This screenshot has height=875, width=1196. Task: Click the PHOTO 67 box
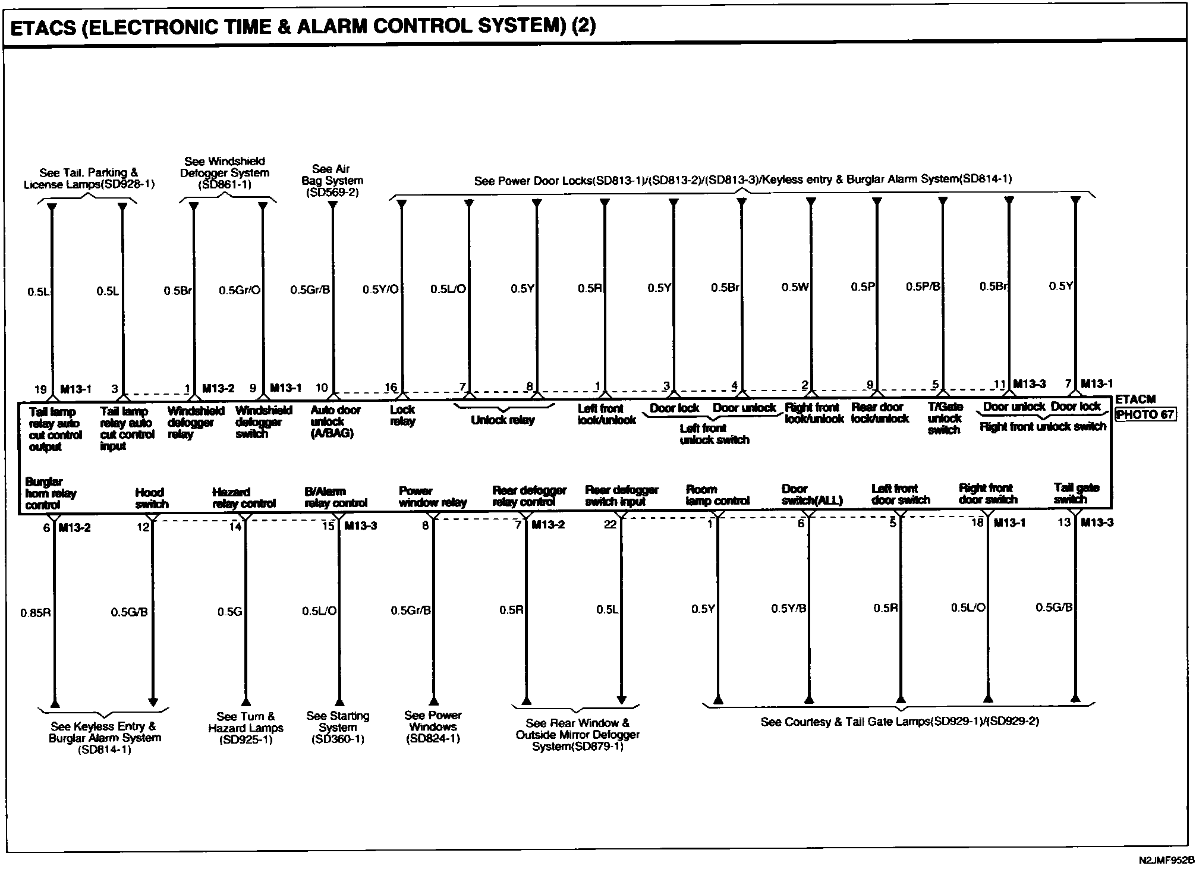[x=1145, y=414]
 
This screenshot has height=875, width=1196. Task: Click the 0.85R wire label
[x=36, y=613]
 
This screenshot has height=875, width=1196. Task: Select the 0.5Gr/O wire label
[x=240, y=291]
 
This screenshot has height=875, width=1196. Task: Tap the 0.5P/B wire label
[x=923, y=287]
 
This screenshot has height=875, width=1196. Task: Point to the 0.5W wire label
[x=795, y=287]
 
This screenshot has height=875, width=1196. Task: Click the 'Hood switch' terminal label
[x=152, y=498]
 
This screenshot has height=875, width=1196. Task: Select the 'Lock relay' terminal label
[x=402, y=416]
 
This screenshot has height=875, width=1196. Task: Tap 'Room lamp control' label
[x=717, y=495]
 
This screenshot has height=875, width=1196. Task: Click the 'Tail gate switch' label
[x=1077, y=493]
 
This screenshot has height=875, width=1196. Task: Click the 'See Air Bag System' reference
[x=332, y=180]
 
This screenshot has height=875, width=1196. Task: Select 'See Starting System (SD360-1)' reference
[x=338, y=728]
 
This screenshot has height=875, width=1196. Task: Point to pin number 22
[x=610, y=524]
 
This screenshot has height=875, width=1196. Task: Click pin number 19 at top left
[x=40, y=389]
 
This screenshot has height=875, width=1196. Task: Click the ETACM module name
[x=1135, y=399]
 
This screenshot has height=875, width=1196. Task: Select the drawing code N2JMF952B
[x=1166, y=860]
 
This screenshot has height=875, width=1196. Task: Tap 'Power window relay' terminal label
[x=432, y=497]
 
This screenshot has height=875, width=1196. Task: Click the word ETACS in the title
[x=43, y=28]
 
